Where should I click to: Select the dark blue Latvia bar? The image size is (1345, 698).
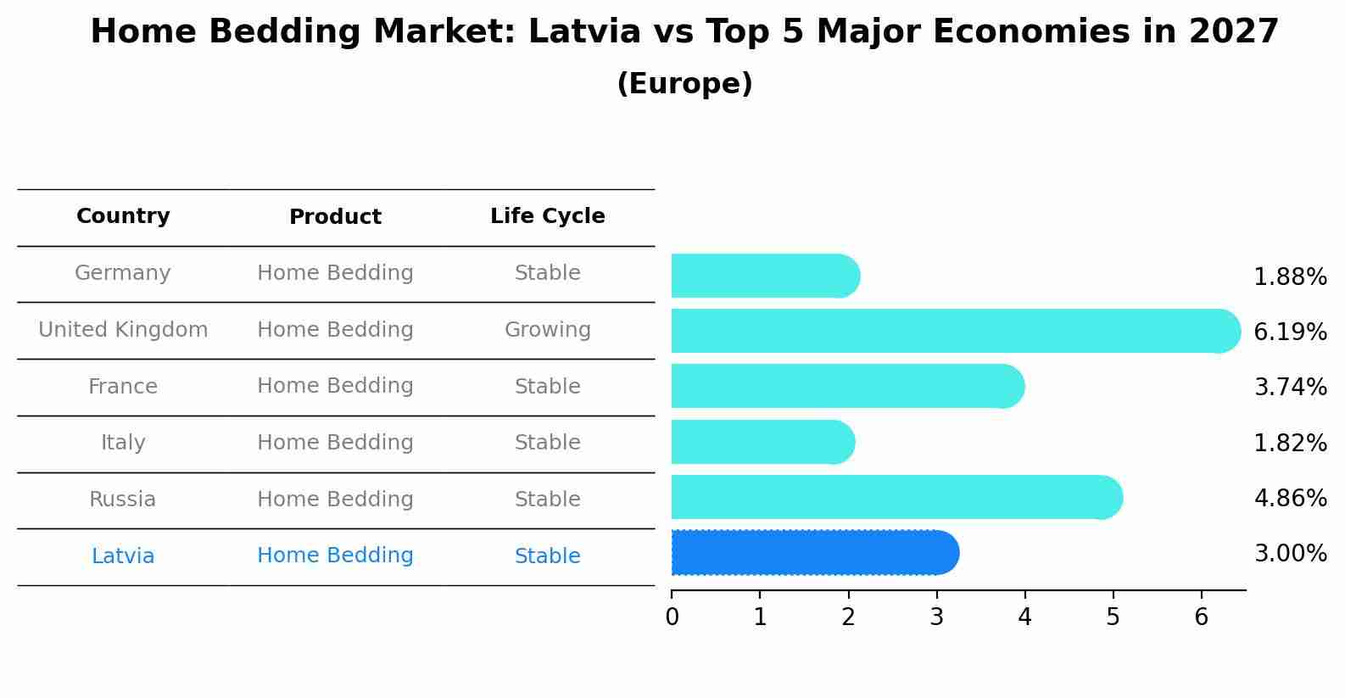click(814, 553)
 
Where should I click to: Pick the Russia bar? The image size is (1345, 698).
click(896, 497)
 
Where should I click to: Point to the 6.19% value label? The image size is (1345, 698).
click(1290, 332)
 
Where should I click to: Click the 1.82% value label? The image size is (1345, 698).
click(1290, 443)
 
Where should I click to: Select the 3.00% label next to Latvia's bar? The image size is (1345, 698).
click(1290, 554)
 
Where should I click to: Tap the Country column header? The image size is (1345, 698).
click(123, 216)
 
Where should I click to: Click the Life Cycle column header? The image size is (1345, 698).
click(547, 216)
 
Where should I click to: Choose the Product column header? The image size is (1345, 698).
click(335, 217)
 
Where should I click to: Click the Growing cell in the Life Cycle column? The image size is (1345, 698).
click(547, 330)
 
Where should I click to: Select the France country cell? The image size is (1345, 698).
click(123, 387)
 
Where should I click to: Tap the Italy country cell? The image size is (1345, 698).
click(123, 443)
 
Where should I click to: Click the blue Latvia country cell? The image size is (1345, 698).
click(123, 556)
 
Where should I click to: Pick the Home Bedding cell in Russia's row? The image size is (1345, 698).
click(335, 500)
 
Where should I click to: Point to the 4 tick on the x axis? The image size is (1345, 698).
click(1024, 617)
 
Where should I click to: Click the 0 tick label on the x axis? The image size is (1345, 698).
click(672, 617)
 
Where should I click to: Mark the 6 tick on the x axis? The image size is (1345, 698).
click(1201, 617)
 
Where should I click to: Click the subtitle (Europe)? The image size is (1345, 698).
click(684, 84)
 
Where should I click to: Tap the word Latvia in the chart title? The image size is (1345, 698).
click(583, 32)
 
